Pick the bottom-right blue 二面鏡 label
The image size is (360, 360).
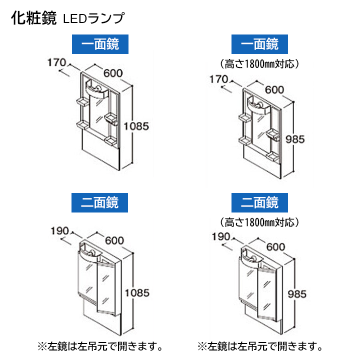click(x=259, y=202)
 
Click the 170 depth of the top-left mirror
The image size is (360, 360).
click(x=56, y=63)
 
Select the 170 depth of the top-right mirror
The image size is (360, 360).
click(x=218, y=79)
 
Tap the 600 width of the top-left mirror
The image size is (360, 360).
click(x=113, y=72)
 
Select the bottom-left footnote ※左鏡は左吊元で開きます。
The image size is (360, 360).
click(x=100, y=345)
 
